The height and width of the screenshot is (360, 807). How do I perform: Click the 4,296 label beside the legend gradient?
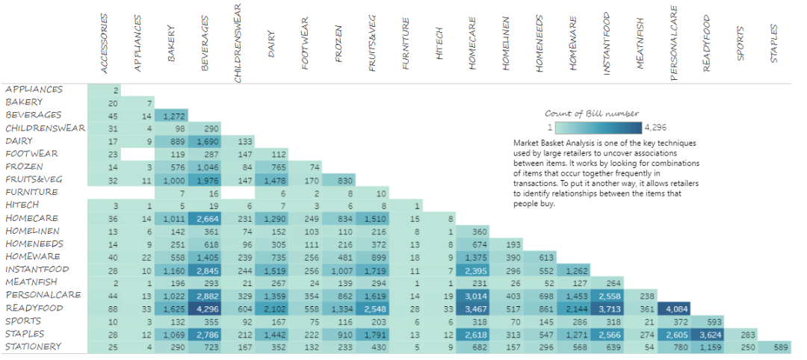(658, 127)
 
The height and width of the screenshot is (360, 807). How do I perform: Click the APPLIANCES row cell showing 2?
(105, 90)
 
